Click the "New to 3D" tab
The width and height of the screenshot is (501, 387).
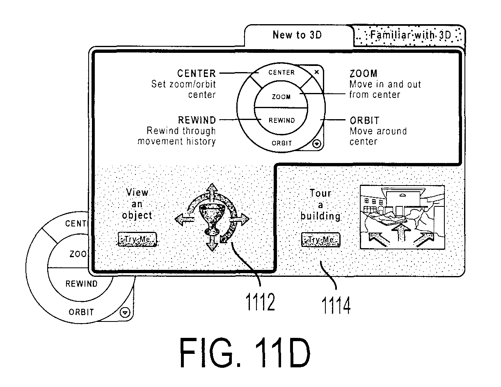(297, 35)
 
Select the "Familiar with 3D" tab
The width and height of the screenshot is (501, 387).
(409, 35)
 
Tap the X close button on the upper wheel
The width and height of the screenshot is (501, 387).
(317, 72)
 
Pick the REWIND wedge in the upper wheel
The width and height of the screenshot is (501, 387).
(281, 121)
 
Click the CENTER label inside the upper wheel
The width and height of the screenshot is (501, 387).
(281, 72)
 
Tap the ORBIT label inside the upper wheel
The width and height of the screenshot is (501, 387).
(282, 143)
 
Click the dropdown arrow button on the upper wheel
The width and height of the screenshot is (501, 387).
(317, 144)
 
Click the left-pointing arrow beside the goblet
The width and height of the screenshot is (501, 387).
(185, 219)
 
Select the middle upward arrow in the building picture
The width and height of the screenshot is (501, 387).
(401, 232)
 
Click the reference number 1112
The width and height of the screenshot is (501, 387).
(260, 302)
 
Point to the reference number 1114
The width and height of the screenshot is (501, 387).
(336, 306)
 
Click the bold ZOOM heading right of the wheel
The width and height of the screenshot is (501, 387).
(364, 74)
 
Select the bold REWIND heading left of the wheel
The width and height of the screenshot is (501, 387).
(197, 120)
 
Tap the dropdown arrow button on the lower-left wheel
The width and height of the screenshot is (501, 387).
(125, 313)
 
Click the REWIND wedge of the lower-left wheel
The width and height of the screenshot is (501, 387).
(81, 284)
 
